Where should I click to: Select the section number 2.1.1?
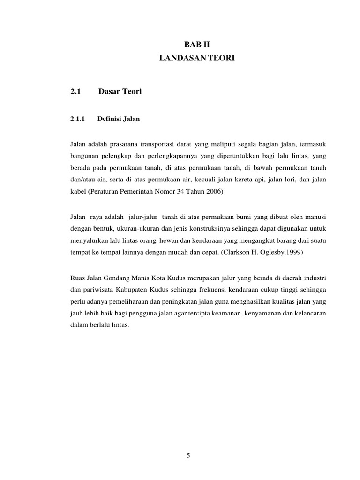coord(77,119)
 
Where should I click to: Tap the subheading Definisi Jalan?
coord(119,119)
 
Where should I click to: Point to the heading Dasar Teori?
coord(120,92)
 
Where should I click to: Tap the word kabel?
coord(78,192)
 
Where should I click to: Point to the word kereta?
coord(247,180)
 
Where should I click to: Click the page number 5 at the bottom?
coord(188,455)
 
